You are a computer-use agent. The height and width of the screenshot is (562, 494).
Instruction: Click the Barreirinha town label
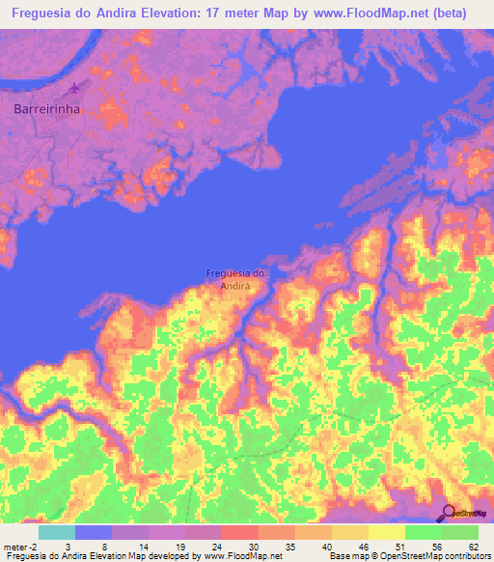(46, 109)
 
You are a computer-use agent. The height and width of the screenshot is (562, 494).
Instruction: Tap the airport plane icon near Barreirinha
(73, 89)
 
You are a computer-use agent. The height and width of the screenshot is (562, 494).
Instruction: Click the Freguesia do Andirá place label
(236, 279)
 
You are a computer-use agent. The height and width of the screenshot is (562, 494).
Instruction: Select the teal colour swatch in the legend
(56, 532)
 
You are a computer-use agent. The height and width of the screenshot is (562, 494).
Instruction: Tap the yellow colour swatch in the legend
(386, 532)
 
